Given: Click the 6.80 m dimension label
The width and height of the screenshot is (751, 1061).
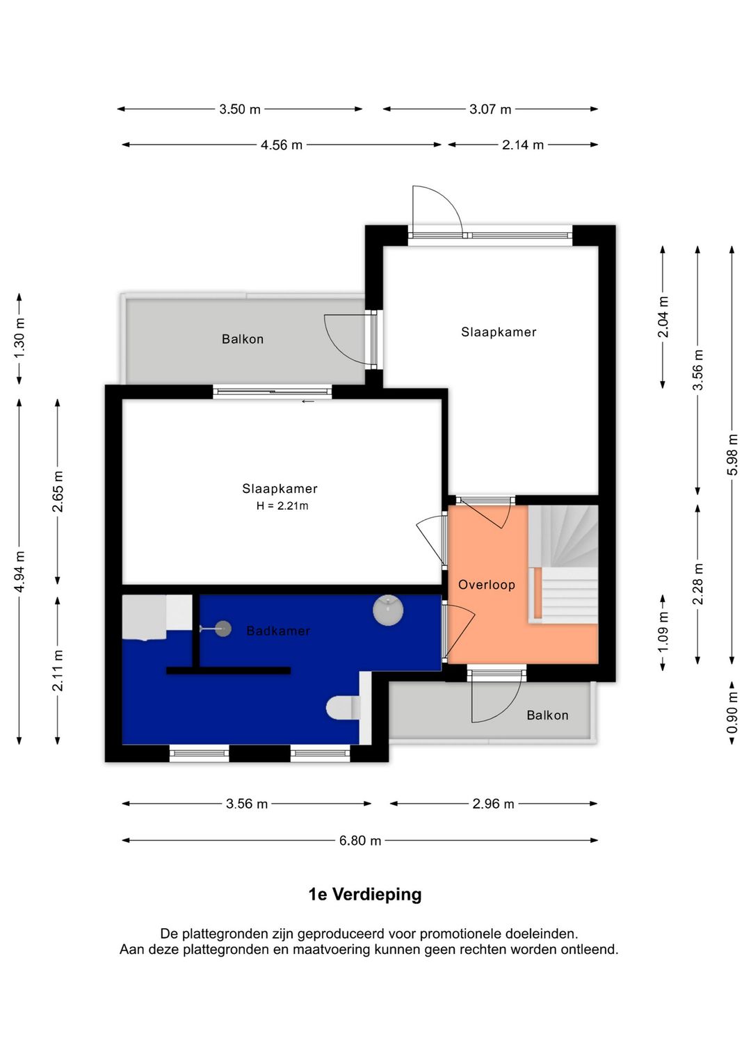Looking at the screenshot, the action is (x=360, y=841).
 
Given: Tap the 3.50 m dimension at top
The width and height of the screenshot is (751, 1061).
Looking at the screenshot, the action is (x=240, y=109).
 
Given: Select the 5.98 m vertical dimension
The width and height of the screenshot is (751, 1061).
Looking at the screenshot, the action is (x=732, y=455).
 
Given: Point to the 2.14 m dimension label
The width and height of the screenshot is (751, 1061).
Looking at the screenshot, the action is (x=523, y=145).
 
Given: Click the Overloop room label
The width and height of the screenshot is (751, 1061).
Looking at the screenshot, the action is (x=487, y=585).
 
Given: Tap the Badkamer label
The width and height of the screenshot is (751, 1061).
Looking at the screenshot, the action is (x=278, y=631).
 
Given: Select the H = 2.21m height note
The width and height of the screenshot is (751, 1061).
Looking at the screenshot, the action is (x=282, y=506).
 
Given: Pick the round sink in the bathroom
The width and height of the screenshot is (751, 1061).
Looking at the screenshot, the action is (x=387, y=610).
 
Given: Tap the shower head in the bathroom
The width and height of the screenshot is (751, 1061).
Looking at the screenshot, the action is (x=223, y=629).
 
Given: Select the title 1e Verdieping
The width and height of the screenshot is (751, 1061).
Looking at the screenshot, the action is (x=365, y=895).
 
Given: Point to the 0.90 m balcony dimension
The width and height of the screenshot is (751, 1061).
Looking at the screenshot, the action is (x=732, y=713).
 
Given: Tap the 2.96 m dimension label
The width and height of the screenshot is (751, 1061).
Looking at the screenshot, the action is (x=493, y=804).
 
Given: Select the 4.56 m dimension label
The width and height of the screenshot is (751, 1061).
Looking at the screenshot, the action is (x=282, y=145).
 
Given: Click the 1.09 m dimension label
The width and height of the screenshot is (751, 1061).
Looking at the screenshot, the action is (x=663, y=631).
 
